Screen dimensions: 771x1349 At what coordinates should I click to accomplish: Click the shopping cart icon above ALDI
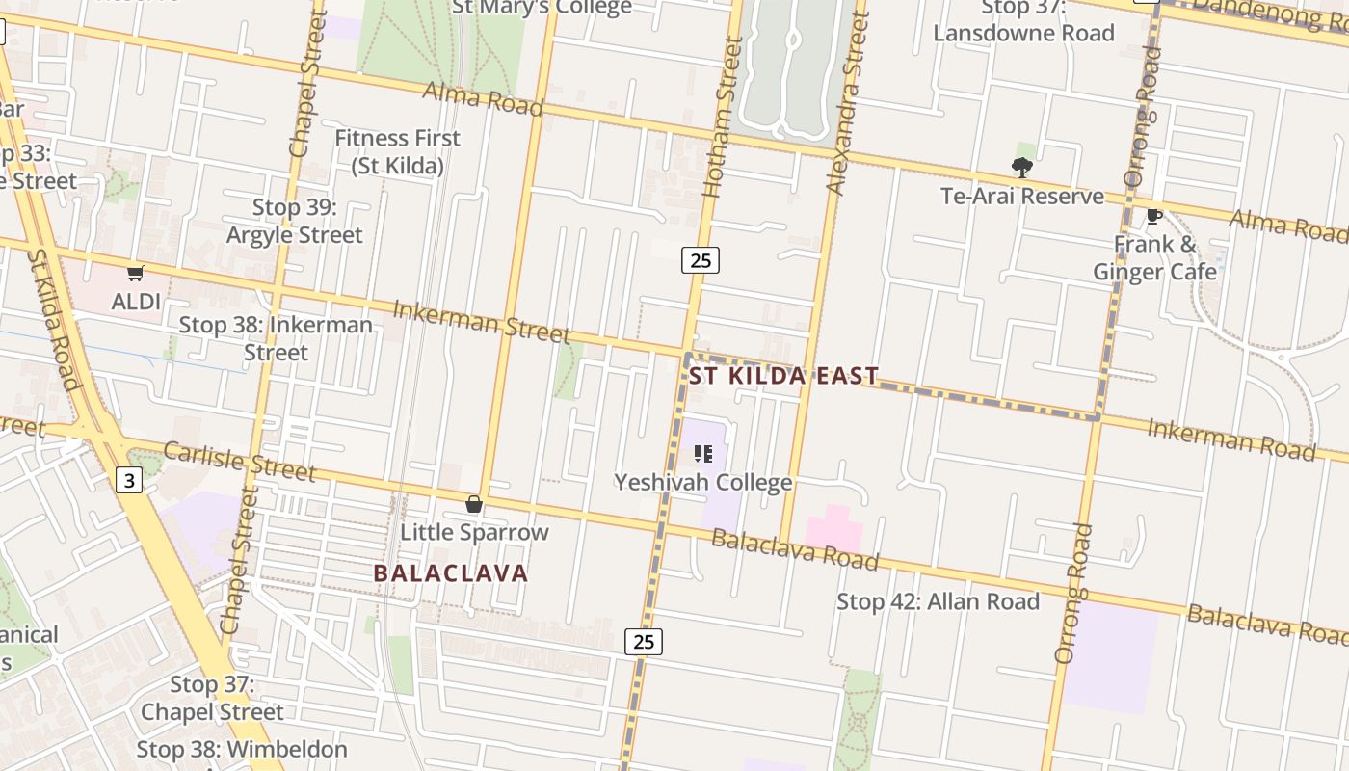click(x=136, y=274)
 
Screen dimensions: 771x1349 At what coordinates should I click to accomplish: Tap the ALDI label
click(x=136, y=302)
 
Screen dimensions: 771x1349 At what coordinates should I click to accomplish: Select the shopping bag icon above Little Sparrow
click(x=474, y=504)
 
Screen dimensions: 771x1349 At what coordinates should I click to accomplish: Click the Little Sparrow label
click(x=474, y=532)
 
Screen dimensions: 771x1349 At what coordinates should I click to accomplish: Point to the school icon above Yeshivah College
click(x=703, y=454)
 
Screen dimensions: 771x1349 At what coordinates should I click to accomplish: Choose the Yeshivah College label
click(x=703, y=482)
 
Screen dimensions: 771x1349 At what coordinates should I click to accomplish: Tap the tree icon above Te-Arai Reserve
click(x=1022, y=168)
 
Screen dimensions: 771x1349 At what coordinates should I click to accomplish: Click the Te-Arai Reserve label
click(x=1022, y=197)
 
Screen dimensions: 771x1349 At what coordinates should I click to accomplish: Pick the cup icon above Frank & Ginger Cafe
click(x=1153, y=216)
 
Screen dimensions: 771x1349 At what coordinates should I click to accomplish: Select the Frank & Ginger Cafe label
click(x=1154, y=258)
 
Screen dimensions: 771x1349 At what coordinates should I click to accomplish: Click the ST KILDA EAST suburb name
click(x=783, y=376)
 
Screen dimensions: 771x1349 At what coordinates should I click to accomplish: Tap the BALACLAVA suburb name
click(x=451, y=573)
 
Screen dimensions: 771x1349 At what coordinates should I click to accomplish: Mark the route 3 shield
click(x=129, y=479)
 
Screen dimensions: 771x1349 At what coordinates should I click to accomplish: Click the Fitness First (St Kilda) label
click(x=397, y=152)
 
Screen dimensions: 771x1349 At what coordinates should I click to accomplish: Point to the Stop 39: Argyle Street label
click(x=295, y=222)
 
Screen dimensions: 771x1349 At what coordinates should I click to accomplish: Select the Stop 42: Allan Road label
click(x=938, y=602)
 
